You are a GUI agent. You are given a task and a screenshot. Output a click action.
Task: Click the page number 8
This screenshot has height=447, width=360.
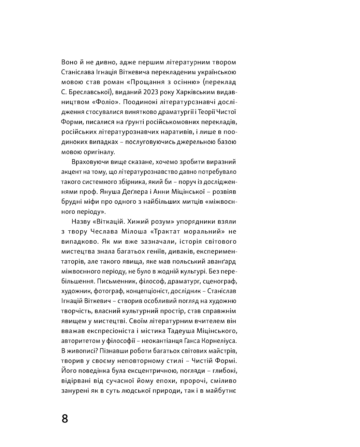(x=65, y=418)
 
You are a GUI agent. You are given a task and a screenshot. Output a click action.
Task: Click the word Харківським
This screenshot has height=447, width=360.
(x=192, y=92)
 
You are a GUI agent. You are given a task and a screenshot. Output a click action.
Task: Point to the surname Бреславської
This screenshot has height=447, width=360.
(x=88, y=92)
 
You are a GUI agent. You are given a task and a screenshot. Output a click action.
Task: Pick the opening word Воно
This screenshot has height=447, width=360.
(x=69, y=62)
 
